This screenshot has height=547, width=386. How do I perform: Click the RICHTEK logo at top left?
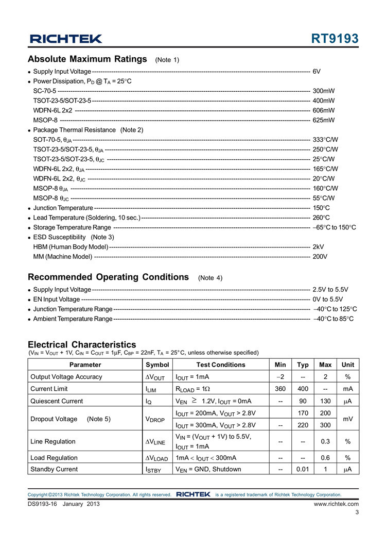point(65,39)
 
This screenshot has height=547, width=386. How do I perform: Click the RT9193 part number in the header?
point(335,39)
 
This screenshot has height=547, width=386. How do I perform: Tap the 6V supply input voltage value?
point(317,71)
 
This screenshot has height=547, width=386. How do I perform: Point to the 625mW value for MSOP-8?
point(324,120)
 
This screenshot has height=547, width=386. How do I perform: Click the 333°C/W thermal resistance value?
point(325,140)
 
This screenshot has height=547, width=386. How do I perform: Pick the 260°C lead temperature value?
point(321,218)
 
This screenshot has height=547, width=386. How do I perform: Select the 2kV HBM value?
point(318,247)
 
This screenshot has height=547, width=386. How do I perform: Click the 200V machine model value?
point(320,257)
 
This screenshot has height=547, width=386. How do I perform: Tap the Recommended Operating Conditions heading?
point(108,277)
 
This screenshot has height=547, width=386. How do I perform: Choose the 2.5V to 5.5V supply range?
point(330,290)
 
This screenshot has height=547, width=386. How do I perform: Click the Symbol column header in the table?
point(157,364)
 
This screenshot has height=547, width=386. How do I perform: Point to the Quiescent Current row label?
point(57,401)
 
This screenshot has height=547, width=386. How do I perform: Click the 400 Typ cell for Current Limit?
point(303,389)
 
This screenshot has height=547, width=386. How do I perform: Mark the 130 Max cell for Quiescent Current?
point(325,401)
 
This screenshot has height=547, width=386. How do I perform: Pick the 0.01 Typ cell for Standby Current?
point(303,469)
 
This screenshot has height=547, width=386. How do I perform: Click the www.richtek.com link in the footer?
point(336,504)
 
